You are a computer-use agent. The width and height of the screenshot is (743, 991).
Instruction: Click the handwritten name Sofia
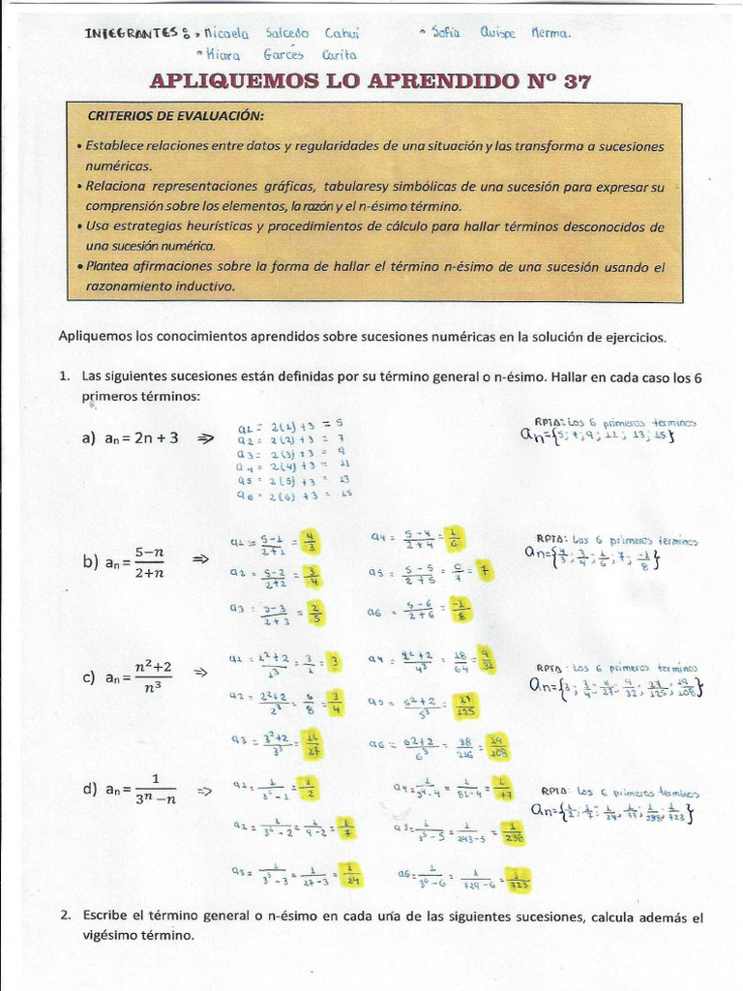coord(445,32)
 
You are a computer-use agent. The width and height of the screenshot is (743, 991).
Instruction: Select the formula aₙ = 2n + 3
coord(132,437)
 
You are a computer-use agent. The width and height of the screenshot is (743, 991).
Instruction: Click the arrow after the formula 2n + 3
coord(204,437)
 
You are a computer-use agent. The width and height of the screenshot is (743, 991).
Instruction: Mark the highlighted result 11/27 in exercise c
coord(312,745)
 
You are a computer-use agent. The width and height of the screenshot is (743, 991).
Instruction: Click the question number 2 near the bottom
coord(64,916)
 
